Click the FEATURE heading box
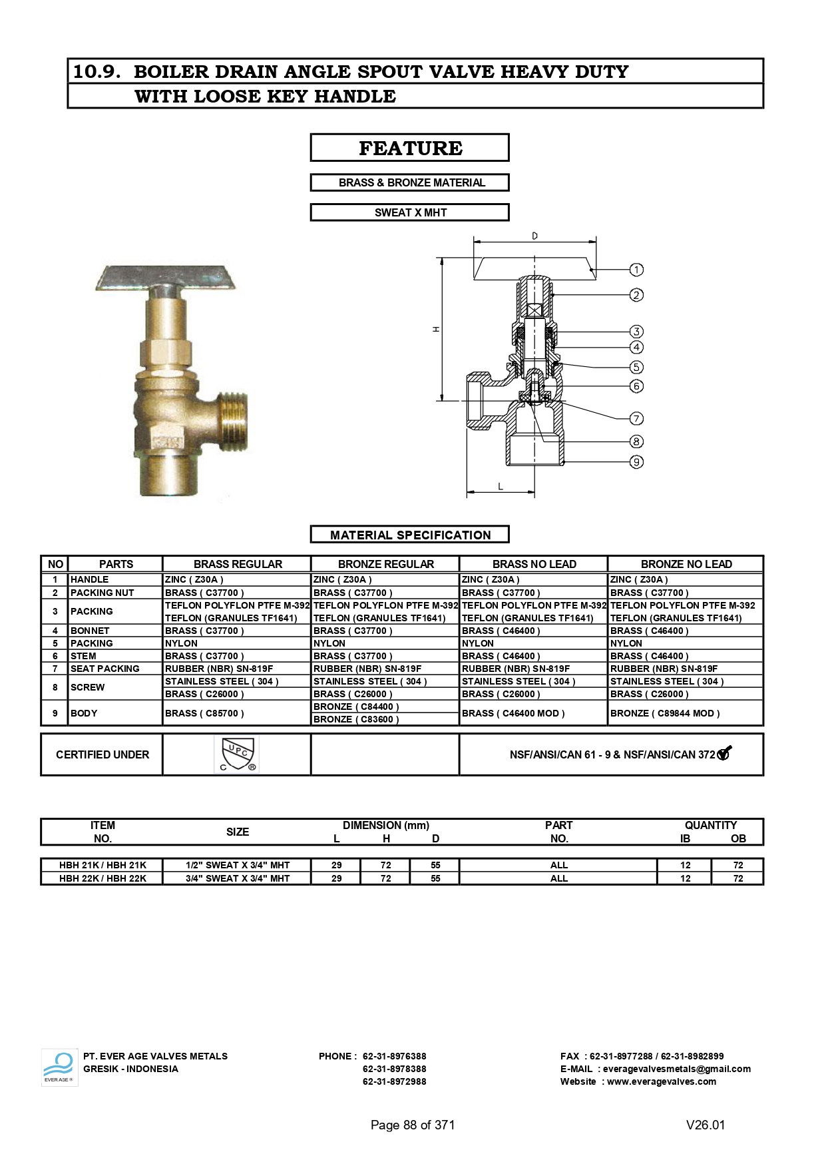410,148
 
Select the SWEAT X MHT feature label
410,212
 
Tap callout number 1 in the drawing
636,270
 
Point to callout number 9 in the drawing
636,462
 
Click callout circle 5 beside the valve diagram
636,367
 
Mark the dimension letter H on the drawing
436,329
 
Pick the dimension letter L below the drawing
501,487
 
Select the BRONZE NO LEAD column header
686,564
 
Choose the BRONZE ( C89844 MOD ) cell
664,713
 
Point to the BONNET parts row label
90,631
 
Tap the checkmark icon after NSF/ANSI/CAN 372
723,753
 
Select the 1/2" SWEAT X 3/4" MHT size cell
238,865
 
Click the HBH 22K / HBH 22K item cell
103,878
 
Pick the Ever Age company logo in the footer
59,1067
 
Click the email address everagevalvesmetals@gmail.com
676,1069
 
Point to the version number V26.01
706,1125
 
